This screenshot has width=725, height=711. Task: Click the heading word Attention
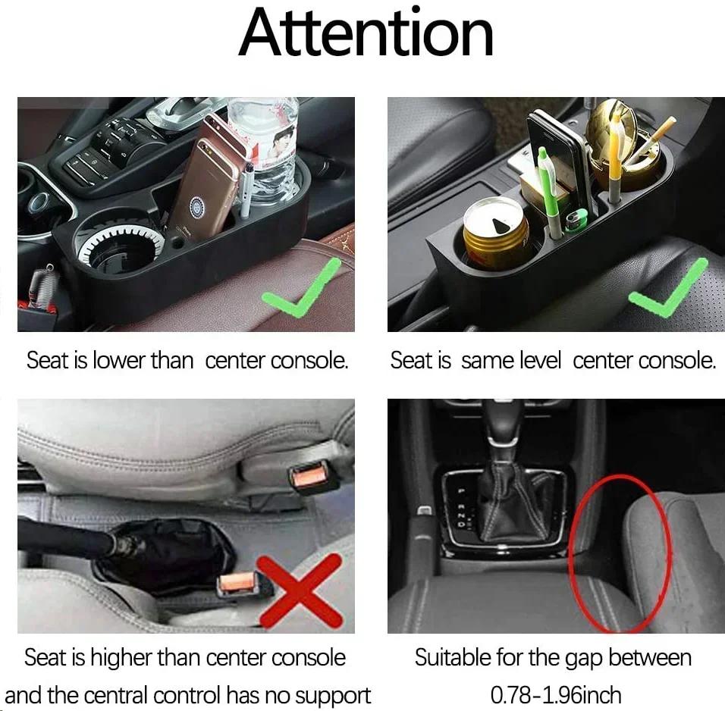click(x=366, y=35)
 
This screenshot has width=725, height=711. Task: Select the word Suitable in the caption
click(x=453, y=657)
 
